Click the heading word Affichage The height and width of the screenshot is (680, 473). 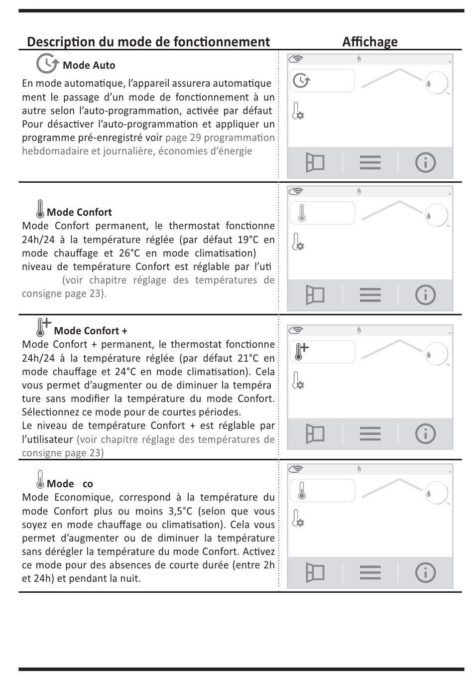tap(369, 42)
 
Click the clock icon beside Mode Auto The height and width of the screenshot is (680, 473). tap(47, 64)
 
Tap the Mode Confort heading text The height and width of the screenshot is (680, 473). tap(79, 212)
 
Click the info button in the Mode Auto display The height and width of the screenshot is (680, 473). tap(425, 162)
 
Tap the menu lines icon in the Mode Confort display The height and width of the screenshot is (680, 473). tap(370, 295)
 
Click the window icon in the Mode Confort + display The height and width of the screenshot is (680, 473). tap(315, 434)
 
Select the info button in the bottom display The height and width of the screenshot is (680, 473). tap(425, 572)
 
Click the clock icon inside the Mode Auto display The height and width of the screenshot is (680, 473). tap(301, 80)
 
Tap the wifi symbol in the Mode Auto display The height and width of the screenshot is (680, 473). tap(296, 59)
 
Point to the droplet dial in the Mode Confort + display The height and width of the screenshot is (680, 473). tap(436, 354)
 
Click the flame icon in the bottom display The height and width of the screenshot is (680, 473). tap(359, 469)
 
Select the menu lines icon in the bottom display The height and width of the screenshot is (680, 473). tap(370, 572)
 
